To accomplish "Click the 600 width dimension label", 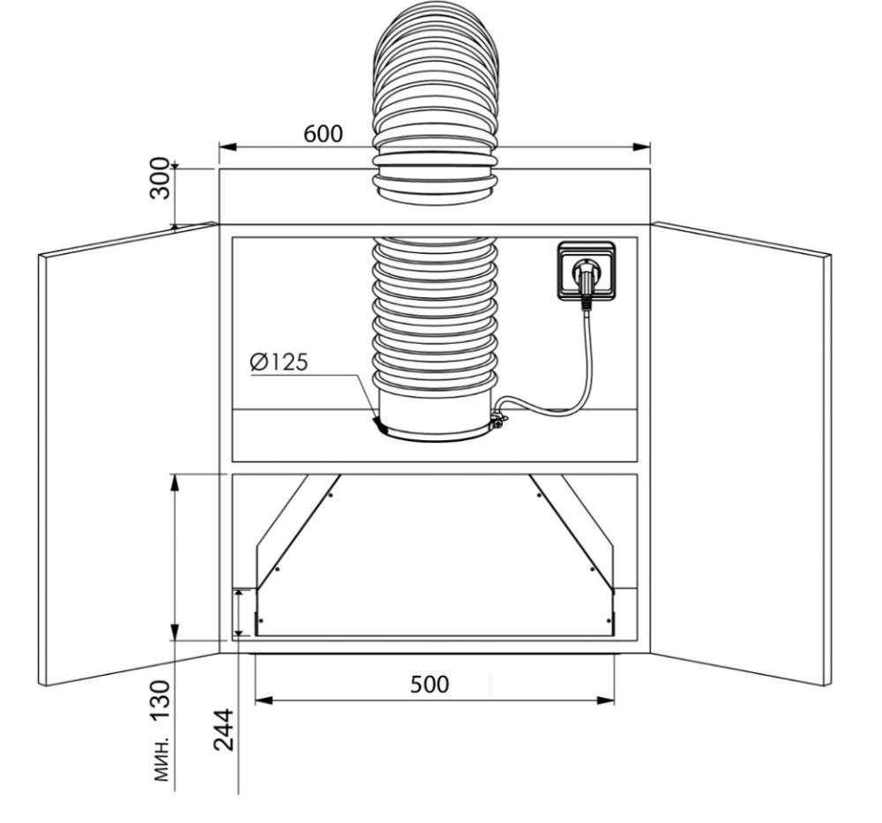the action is [323, 134].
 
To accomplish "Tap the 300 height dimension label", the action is [161, 178].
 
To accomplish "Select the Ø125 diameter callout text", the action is [279, 363].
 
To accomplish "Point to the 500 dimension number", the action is [430, 684].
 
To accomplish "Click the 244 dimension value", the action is [224, 729].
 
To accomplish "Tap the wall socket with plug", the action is [586, 271].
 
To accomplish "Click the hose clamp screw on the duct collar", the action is [497, 419].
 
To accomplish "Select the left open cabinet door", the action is [128, 454].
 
